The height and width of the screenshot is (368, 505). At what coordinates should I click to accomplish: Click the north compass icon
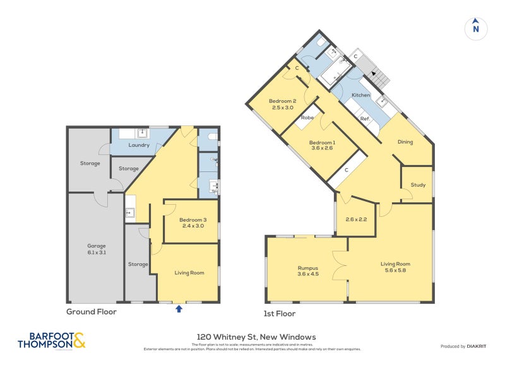pyautogui.click(x=476, y=28)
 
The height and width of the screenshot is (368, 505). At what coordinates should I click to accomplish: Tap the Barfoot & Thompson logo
pyautogui.click(x=51, y=340)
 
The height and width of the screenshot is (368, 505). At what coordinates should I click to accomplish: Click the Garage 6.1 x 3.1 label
pyautogui.click(x=97, y=249)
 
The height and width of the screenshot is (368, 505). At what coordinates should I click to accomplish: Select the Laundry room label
pyautogui.click(x=139, y=146)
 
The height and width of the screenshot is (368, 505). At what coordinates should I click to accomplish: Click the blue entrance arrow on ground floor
pyautogui.click(x=179, y=309)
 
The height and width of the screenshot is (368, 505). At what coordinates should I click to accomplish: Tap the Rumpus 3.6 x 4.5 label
pyautogui.click(x=307, y=271)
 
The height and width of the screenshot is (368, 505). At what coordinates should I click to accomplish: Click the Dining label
pyautogui.click(x=405, y=142)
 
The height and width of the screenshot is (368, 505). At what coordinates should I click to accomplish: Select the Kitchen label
pyautogui.click(x=361, y=95)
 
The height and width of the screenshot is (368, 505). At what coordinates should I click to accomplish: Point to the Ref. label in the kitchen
pyautogui.click(x=365, y=118)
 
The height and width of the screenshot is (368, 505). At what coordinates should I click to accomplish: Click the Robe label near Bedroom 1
pyautogui.click(x=307, y=118)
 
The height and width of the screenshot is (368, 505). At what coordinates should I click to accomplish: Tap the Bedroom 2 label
pyautogui.click(x=282, y=105)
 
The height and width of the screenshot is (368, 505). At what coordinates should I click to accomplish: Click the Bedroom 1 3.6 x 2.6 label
pyautogui.click(x=322, y=146)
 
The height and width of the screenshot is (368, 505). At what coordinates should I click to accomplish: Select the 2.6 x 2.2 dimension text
pyautogui.click(x=356, y=219)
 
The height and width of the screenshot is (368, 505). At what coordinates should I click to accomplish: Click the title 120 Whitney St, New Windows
pyautogui.click(x=252, y=337)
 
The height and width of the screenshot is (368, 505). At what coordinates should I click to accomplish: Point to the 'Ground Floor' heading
pyautogui.click(x=92, y=311)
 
